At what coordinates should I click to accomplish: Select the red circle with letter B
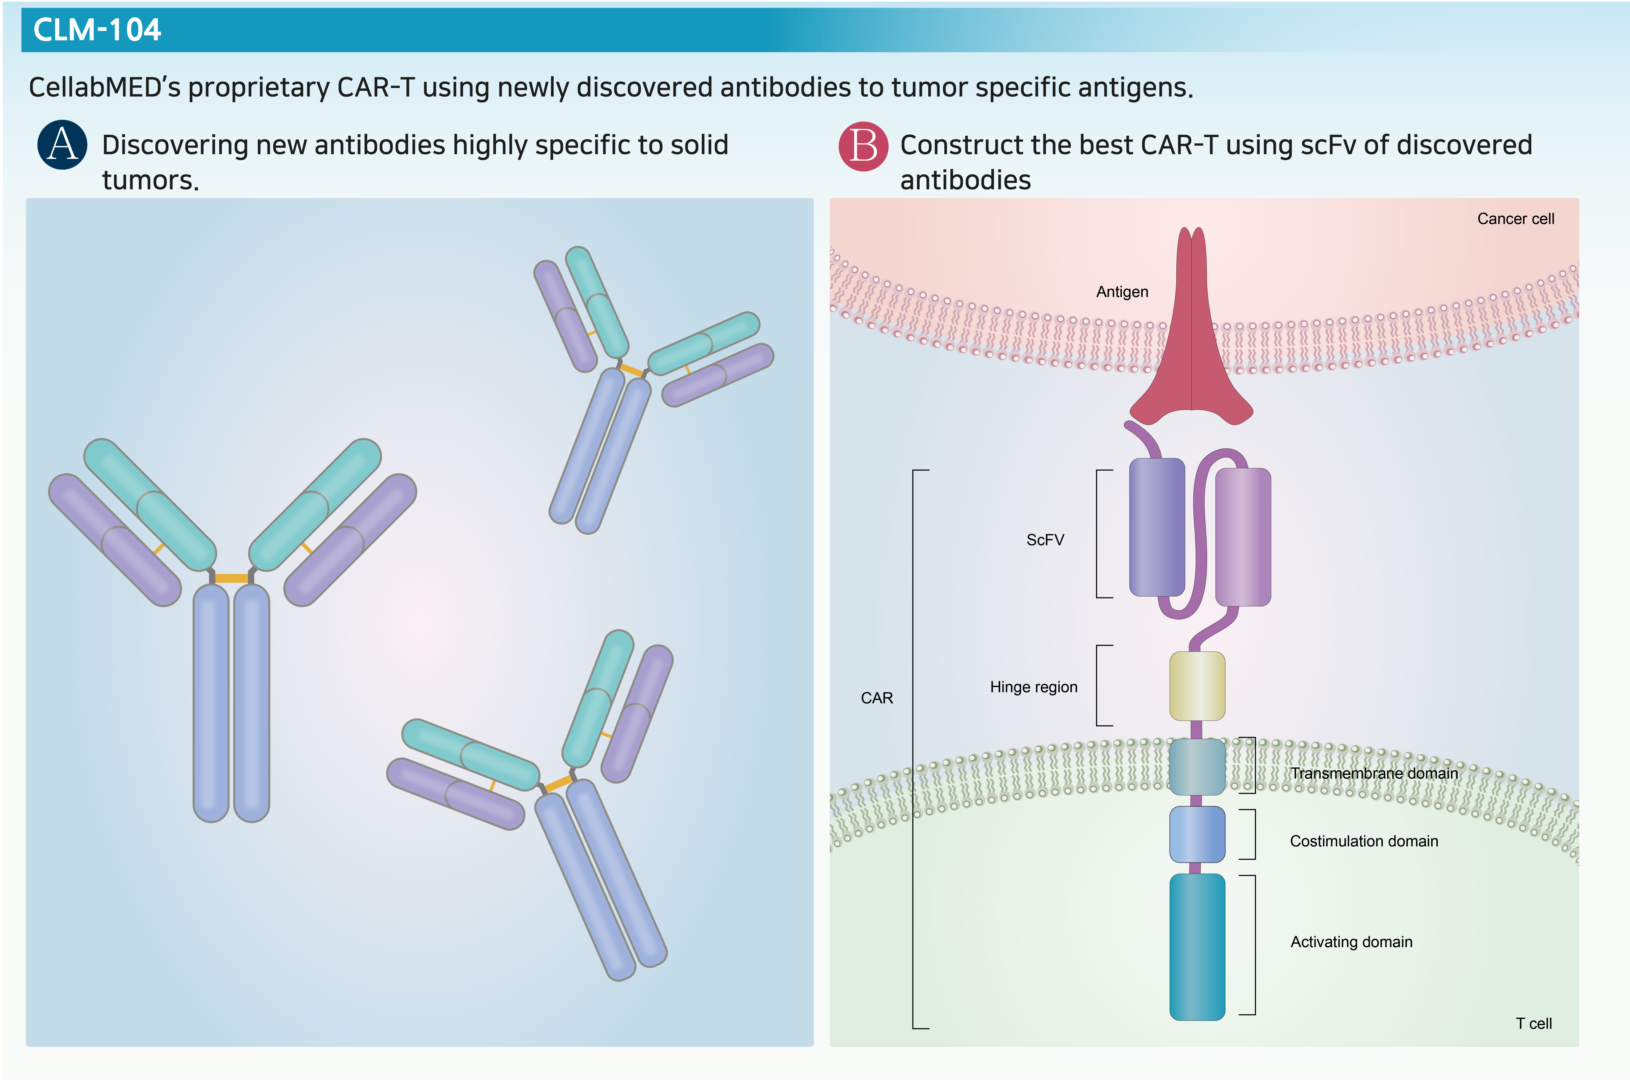[863, 146]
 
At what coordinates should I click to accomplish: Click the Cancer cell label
[1515, 219]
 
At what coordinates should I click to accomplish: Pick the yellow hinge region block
[1197, 686]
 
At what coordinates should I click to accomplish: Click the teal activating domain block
[1197, 947]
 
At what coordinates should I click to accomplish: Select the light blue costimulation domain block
[1197, 834]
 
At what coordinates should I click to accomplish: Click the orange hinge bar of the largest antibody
[232, 578]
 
